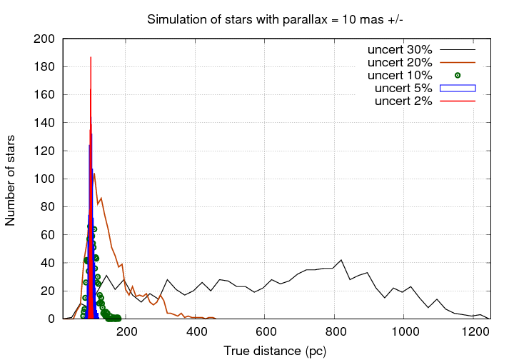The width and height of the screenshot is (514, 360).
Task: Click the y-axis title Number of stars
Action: [11, 179]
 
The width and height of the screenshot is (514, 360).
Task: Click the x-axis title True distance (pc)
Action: [276, 351]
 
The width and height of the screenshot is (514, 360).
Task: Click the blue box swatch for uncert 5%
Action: [458, 89]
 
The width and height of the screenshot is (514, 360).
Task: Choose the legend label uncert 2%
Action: [403, 101]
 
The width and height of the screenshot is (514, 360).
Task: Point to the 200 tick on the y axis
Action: [45, 39]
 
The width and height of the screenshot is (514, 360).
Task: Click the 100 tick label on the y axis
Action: [45, 179]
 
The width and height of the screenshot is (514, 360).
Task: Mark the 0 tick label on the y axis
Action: [51, 319]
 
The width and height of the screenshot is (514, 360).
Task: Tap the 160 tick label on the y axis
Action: [45, 95]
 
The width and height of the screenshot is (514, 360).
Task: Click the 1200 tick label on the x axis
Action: [474, 331]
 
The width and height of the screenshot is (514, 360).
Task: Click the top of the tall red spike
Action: [91, 58]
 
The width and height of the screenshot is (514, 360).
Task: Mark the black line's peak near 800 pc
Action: [341, 260]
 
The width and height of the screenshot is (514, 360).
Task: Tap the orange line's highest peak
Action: [94, 174]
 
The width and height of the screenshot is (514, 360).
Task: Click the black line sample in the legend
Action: [458, 50]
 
